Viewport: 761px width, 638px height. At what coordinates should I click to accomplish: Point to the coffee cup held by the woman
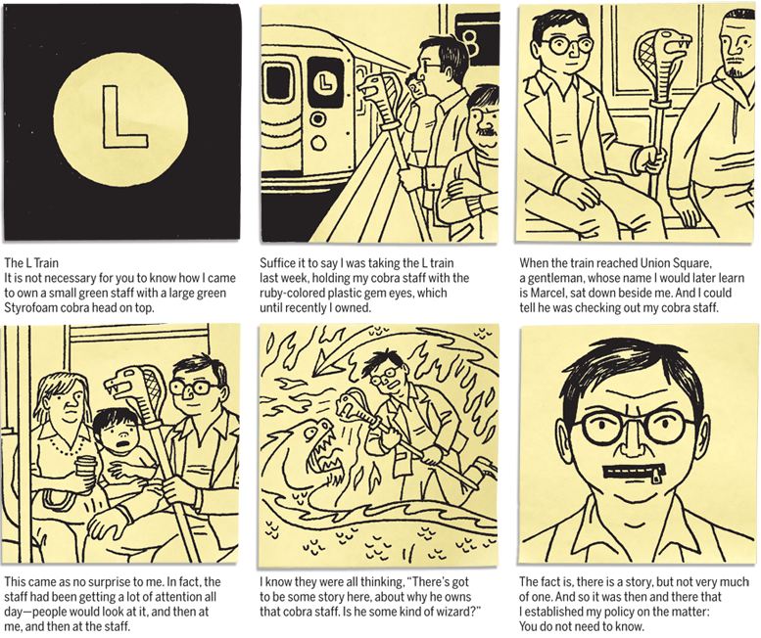86,471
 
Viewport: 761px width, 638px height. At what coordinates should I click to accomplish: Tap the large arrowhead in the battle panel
323,366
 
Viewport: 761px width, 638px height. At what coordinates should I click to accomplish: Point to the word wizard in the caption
453,612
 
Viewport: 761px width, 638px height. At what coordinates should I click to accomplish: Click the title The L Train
31,263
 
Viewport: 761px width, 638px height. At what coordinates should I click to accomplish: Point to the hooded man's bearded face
735,46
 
